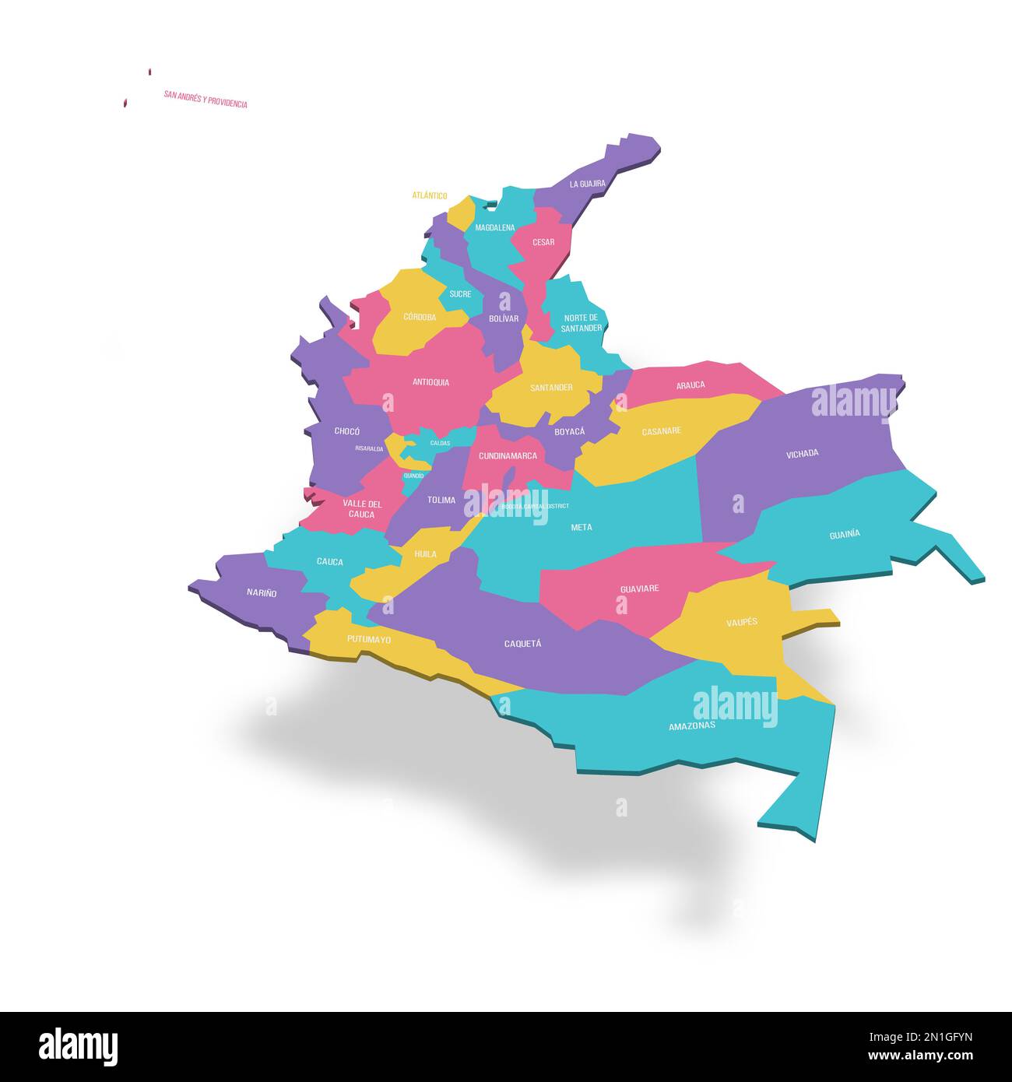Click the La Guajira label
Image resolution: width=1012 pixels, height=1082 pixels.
click(x=587, y=184)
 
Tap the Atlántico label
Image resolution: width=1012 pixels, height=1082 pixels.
click(x=430, y=195)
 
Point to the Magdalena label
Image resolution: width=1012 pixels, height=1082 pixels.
click(x=494, y=227)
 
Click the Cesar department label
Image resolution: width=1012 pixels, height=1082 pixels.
click(x=543, y=242)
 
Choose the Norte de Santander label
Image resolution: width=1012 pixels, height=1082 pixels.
click(x=582, y=323)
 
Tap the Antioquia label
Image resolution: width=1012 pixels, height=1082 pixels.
click(x=430, y=382)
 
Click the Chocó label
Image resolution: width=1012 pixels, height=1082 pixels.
click(x=346, y=431)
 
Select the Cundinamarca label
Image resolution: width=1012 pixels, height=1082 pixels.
click(x=508, y=456)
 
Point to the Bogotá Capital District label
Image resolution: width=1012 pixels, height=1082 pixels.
click(x=535, y=506)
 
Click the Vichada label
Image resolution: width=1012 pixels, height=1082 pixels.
click(x=802, y=453)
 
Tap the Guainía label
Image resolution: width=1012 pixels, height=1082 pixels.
click(x=845, y=535)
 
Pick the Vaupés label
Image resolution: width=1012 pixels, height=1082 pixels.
click(x=741, y=622)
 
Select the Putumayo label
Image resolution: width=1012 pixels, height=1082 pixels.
click(x=369, y=639)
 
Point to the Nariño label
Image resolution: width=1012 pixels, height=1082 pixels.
click(x=262, y=593)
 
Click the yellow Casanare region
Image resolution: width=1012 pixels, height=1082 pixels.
click(x=662, y=444)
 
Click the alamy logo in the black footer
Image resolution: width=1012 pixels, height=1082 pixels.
click(x=78, y=1046)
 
